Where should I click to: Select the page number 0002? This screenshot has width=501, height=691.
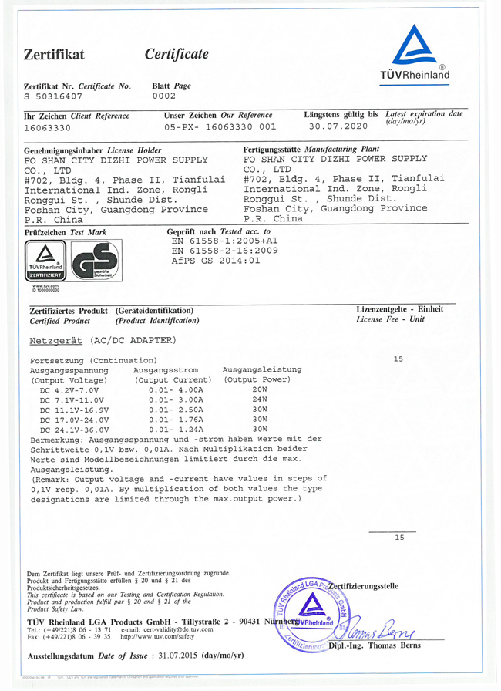coord(164,97)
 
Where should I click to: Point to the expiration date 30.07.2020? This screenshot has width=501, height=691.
coord(339,126)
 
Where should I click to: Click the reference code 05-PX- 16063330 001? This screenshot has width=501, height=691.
coord(220,127)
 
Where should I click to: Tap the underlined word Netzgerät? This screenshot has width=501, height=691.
coord(57,340)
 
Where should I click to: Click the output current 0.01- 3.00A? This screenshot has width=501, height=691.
coord(177,400)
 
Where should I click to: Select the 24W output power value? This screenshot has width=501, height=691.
coord(259,400)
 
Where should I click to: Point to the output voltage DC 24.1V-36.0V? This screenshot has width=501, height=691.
coord(75,429)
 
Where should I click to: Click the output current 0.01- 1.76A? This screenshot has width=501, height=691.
coord(177,419)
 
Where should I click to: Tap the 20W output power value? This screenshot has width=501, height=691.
coord(259,390)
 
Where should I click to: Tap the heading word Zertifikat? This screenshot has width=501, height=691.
coord(53,55)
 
